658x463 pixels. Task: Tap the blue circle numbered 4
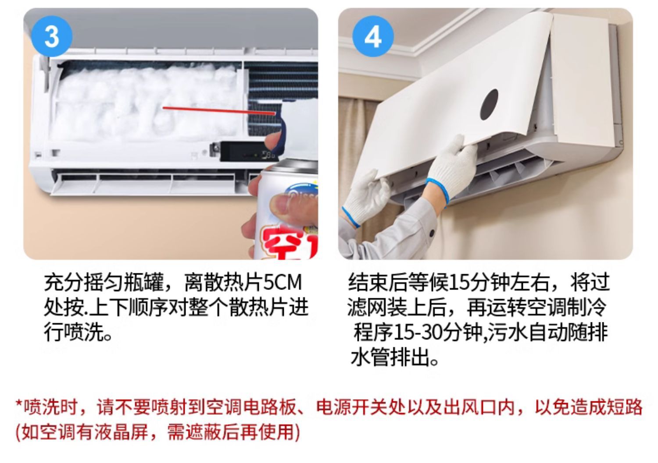click(373, 36)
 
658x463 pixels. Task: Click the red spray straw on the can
click(219, 110)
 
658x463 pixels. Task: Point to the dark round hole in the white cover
click(490, 105)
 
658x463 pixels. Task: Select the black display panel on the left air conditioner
click(247, 152)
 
